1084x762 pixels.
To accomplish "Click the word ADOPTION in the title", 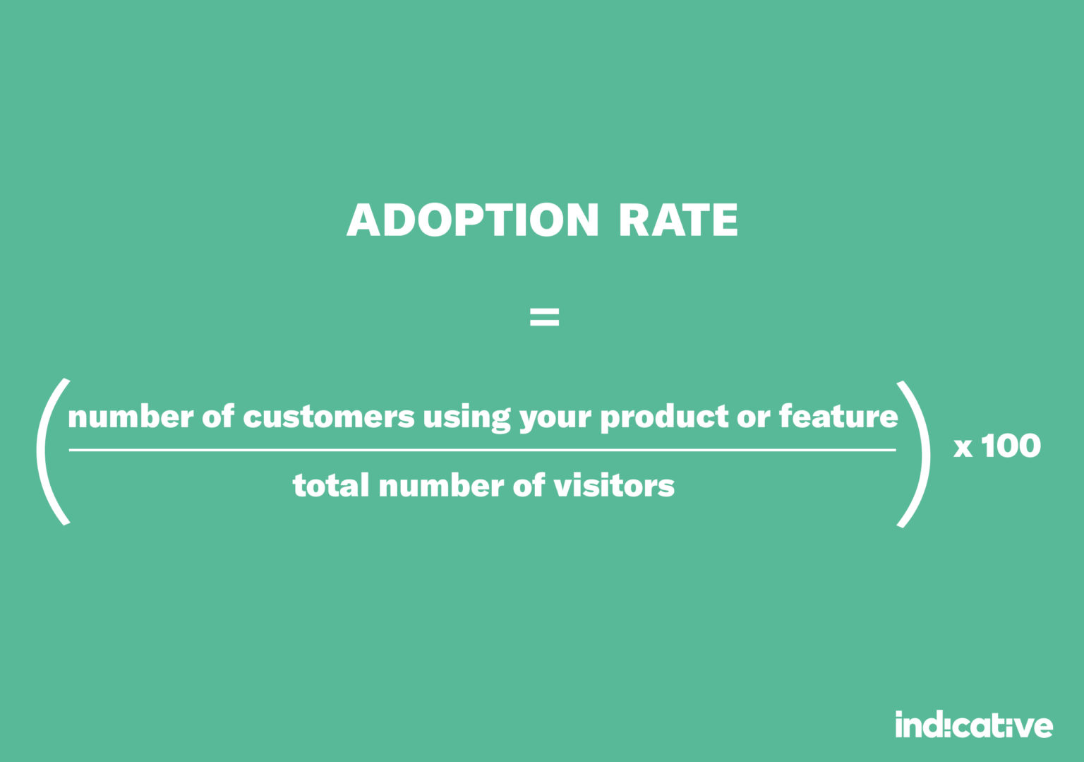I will point(472,220).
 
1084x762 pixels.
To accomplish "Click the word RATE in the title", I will point(677,220).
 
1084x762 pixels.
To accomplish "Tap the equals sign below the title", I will point(544,317).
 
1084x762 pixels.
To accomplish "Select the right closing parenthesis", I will point(916,453).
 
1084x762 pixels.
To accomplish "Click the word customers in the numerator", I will point(328,417).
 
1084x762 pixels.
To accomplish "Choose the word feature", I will point(838,417).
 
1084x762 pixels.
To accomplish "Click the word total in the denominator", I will point(330,486).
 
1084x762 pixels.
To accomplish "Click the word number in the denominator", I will point(441,486).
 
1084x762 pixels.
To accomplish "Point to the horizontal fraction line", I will point(482,450).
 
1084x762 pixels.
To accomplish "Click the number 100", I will point(1011,446).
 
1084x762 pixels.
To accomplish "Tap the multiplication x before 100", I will point(963,448).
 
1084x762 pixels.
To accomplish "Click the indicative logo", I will point(973,725).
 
